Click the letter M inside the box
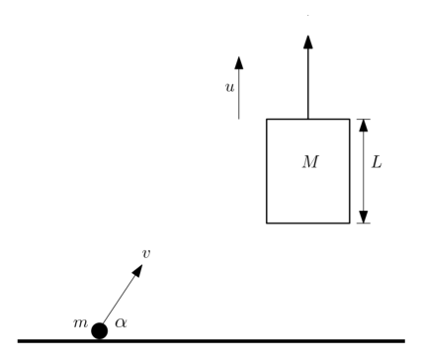tap(310, 162)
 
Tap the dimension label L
tap(377, 162)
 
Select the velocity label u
tap(229, 87)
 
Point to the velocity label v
tap(146, 253)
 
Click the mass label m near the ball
tap(81, 323)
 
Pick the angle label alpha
tap(121, 322)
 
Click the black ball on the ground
tap(100, 331)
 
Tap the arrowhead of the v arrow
tap(138, 270)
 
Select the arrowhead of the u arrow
tap(239, 62)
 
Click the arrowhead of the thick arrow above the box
tap(308, 42)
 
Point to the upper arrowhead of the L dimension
tap(364, 126)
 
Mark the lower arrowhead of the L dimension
tap(364, 217)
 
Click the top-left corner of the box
tap(267, 119)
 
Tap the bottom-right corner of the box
tap(350, 224)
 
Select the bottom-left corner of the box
tap(267, 224)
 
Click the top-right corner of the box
tap(350, 119)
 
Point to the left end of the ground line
tap(18, 341)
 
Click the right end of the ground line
tap(404, 341)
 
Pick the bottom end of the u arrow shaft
tap(239, 119)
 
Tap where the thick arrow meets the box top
tap(308, 119)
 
